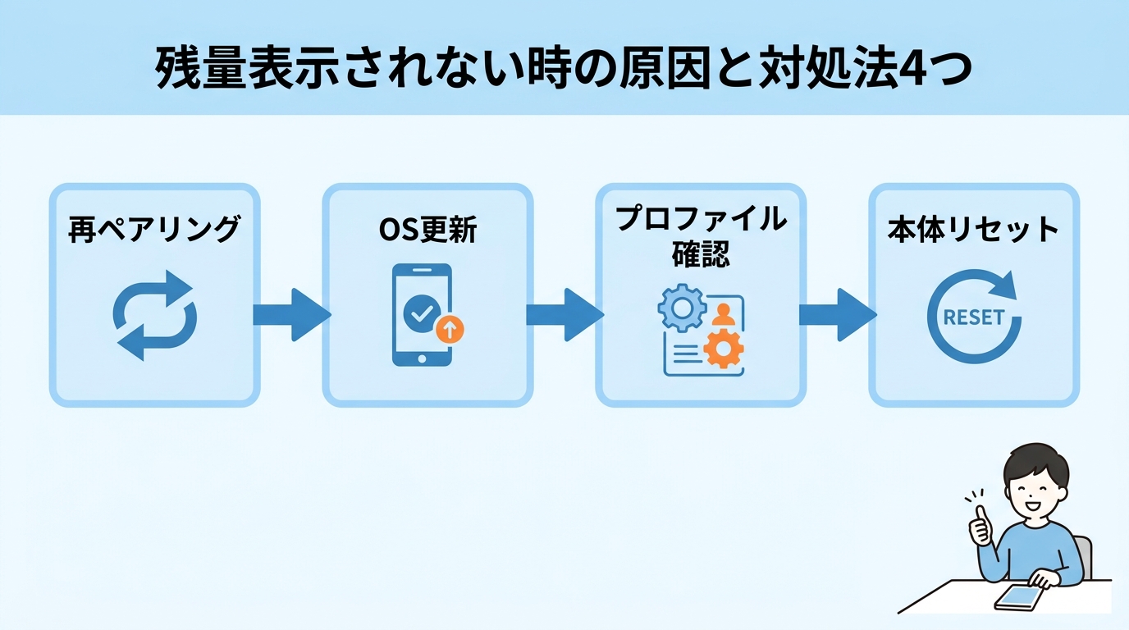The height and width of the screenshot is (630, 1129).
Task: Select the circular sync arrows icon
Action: click(154, 315)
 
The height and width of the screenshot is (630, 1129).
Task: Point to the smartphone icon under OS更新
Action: click(421, 316)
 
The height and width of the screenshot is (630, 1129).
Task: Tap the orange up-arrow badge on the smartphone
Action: click(450, 330)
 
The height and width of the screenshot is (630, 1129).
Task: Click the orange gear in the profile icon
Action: click(723, 348)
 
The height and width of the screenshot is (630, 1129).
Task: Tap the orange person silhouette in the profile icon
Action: click(723, 313)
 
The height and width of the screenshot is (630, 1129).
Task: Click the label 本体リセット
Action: click(973, 230)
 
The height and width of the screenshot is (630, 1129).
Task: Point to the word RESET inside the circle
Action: click(974, 317)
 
